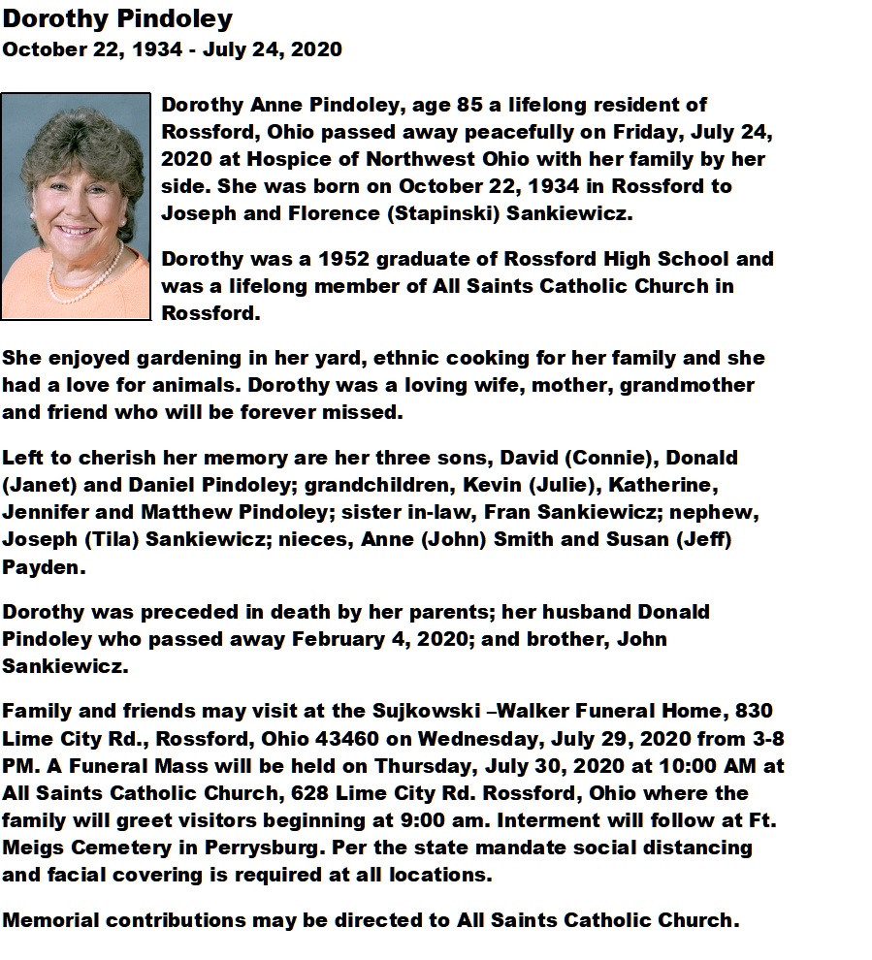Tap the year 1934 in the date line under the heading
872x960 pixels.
pos(153,48)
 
